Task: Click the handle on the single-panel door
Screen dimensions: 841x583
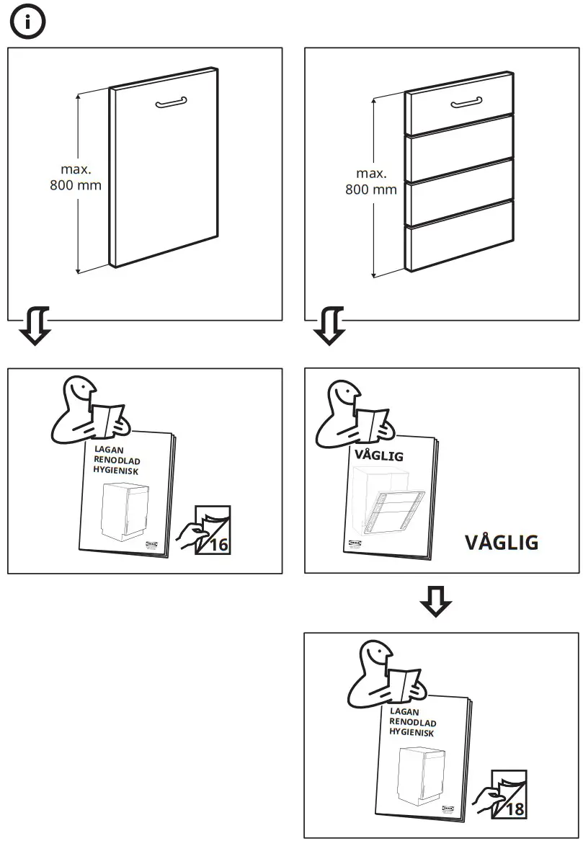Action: (x=171, y=103)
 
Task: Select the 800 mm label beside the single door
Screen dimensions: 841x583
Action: (x=76, y=184)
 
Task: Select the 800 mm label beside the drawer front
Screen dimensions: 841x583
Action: (x=371, y=190)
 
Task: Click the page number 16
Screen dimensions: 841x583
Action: (x=219, y=545)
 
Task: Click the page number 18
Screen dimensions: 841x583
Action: (x=515, y=809)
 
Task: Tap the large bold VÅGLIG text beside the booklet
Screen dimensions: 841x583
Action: (x=502, y=543)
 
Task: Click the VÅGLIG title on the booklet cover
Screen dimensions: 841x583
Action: (x=378, y=455)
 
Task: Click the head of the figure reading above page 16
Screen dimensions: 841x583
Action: (x=80, y=393)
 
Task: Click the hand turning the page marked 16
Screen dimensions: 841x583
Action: (x=187, y=535)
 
